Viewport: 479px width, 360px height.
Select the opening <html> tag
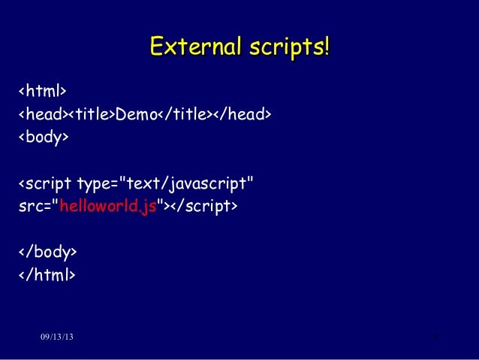[x=43, y=92]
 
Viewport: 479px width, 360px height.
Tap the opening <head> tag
[x=43, y=114]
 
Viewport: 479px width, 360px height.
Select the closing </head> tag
[x=242, y=114]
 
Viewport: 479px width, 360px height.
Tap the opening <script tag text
[x=44, y=184]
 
